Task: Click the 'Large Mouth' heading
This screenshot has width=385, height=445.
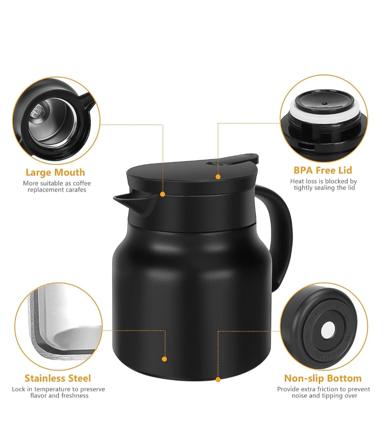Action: click(55, 173)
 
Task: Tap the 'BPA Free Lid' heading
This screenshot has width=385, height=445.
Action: click(323, 170)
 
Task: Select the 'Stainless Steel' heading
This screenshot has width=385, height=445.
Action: click(58, 378)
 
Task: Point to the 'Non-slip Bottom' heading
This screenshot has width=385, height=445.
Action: click(323, 378)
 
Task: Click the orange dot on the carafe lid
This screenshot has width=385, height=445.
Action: click(218, 177)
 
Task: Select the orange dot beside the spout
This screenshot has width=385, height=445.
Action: click(163, 194)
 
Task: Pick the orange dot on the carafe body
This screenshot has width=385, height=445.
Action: click(164, 359)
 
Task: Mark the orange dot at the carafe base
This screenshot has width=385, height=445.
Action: click(218, 380)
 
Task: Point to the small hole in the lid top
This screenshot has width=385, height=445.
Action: click(324, 103)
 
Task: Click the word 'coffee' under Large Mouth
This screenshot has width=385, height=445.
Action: click(82, 183)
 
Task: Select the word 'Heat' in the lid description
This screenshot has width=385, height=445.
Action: click(297, 181)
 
